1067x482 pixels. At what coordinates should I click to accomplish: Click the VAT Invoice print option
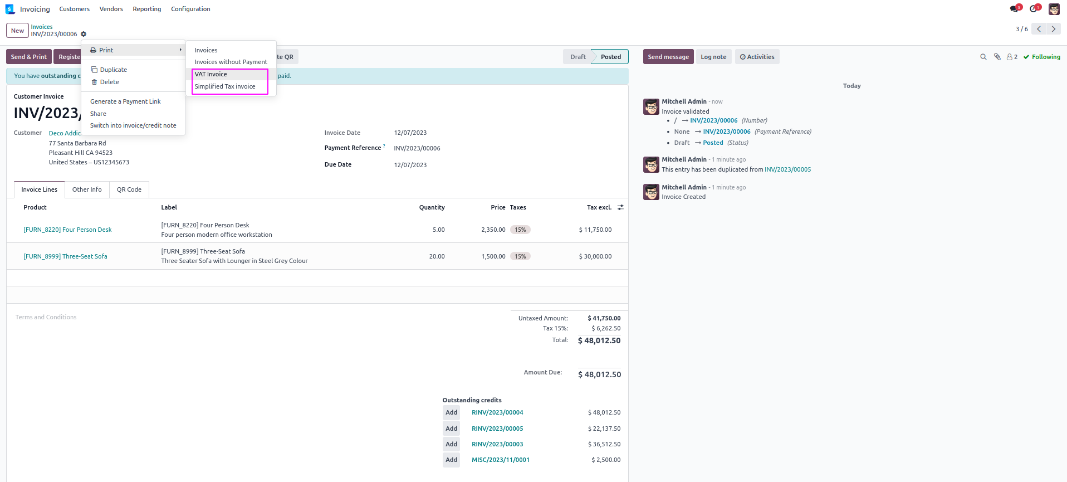tap(211, 74)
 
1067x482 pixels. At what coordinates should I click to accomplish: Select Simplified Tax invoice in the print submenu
tap(225, 86)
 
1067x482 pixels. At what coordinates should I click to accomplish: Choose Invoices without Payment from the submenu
tap(231, 62)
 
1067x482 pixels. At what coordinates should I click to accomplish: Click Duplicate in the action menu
tap(113, 70)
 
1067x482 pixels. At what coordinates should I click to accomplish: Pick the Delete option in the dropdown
tap(109, 82)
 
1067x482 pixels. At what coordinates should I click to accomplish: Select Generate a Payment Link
tap(125, 101)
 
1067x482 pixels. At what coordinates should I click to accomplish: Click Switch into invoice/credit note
tap(133, 125)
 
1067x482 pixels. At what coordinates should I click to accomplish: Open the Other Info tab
tap(87, 189)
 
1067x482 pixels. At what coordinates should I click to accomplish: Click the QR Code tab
tap(129, 189)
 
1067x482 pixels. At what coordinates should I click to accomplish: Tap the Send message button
tap(668, 57)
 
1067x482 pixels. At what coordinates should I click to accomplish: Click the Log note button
tap(713, 57)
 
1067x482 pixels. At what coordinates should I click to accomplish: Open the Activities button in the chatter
tap(757, 57)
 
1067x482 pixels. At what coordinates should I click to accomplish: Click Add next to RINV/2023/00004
tap(451, 413)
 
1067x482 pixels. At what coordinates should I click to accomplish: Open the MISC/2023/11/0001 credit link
tap(501, 460)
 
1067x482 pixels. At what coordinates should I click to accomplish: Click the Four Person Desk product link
tap(67, 230)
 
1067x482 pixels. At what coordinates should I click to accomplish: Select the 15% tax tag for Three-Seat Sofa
tap(520, 256)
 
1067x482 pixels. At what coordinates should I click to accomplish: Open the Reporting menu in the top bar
tap(147, 9)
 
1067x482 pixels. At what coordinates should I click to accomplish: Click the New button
tap(17, 31)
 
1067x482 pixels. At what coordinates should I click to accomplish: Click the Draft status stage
tap(577, 57)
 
